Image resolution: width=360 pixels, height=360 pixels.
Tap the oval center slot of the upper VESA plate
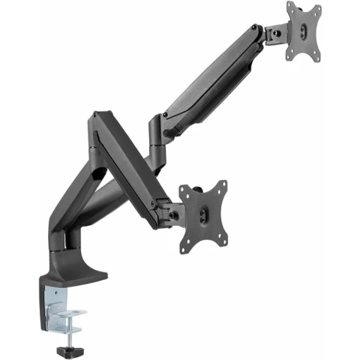(x=304, y=31)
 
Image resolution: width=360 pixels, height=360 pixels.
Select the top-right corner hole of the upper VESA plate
(x=317, y=10)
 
